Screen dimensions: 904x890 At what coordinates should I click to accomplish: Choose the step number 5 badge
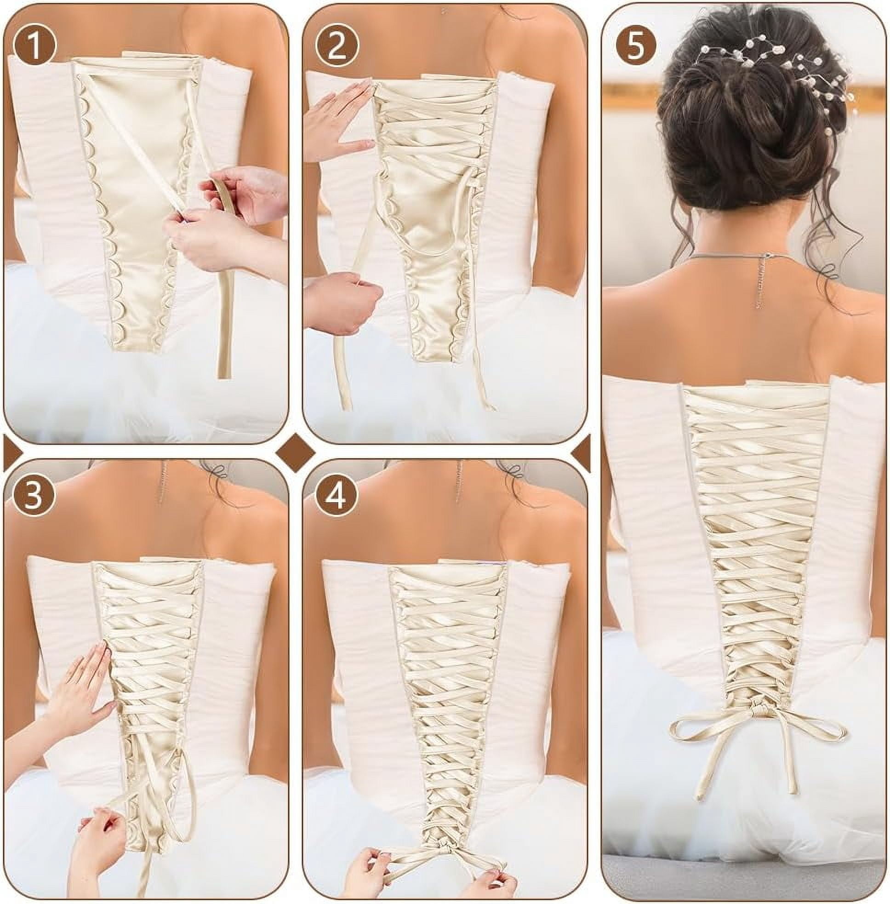click(635, 47)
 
